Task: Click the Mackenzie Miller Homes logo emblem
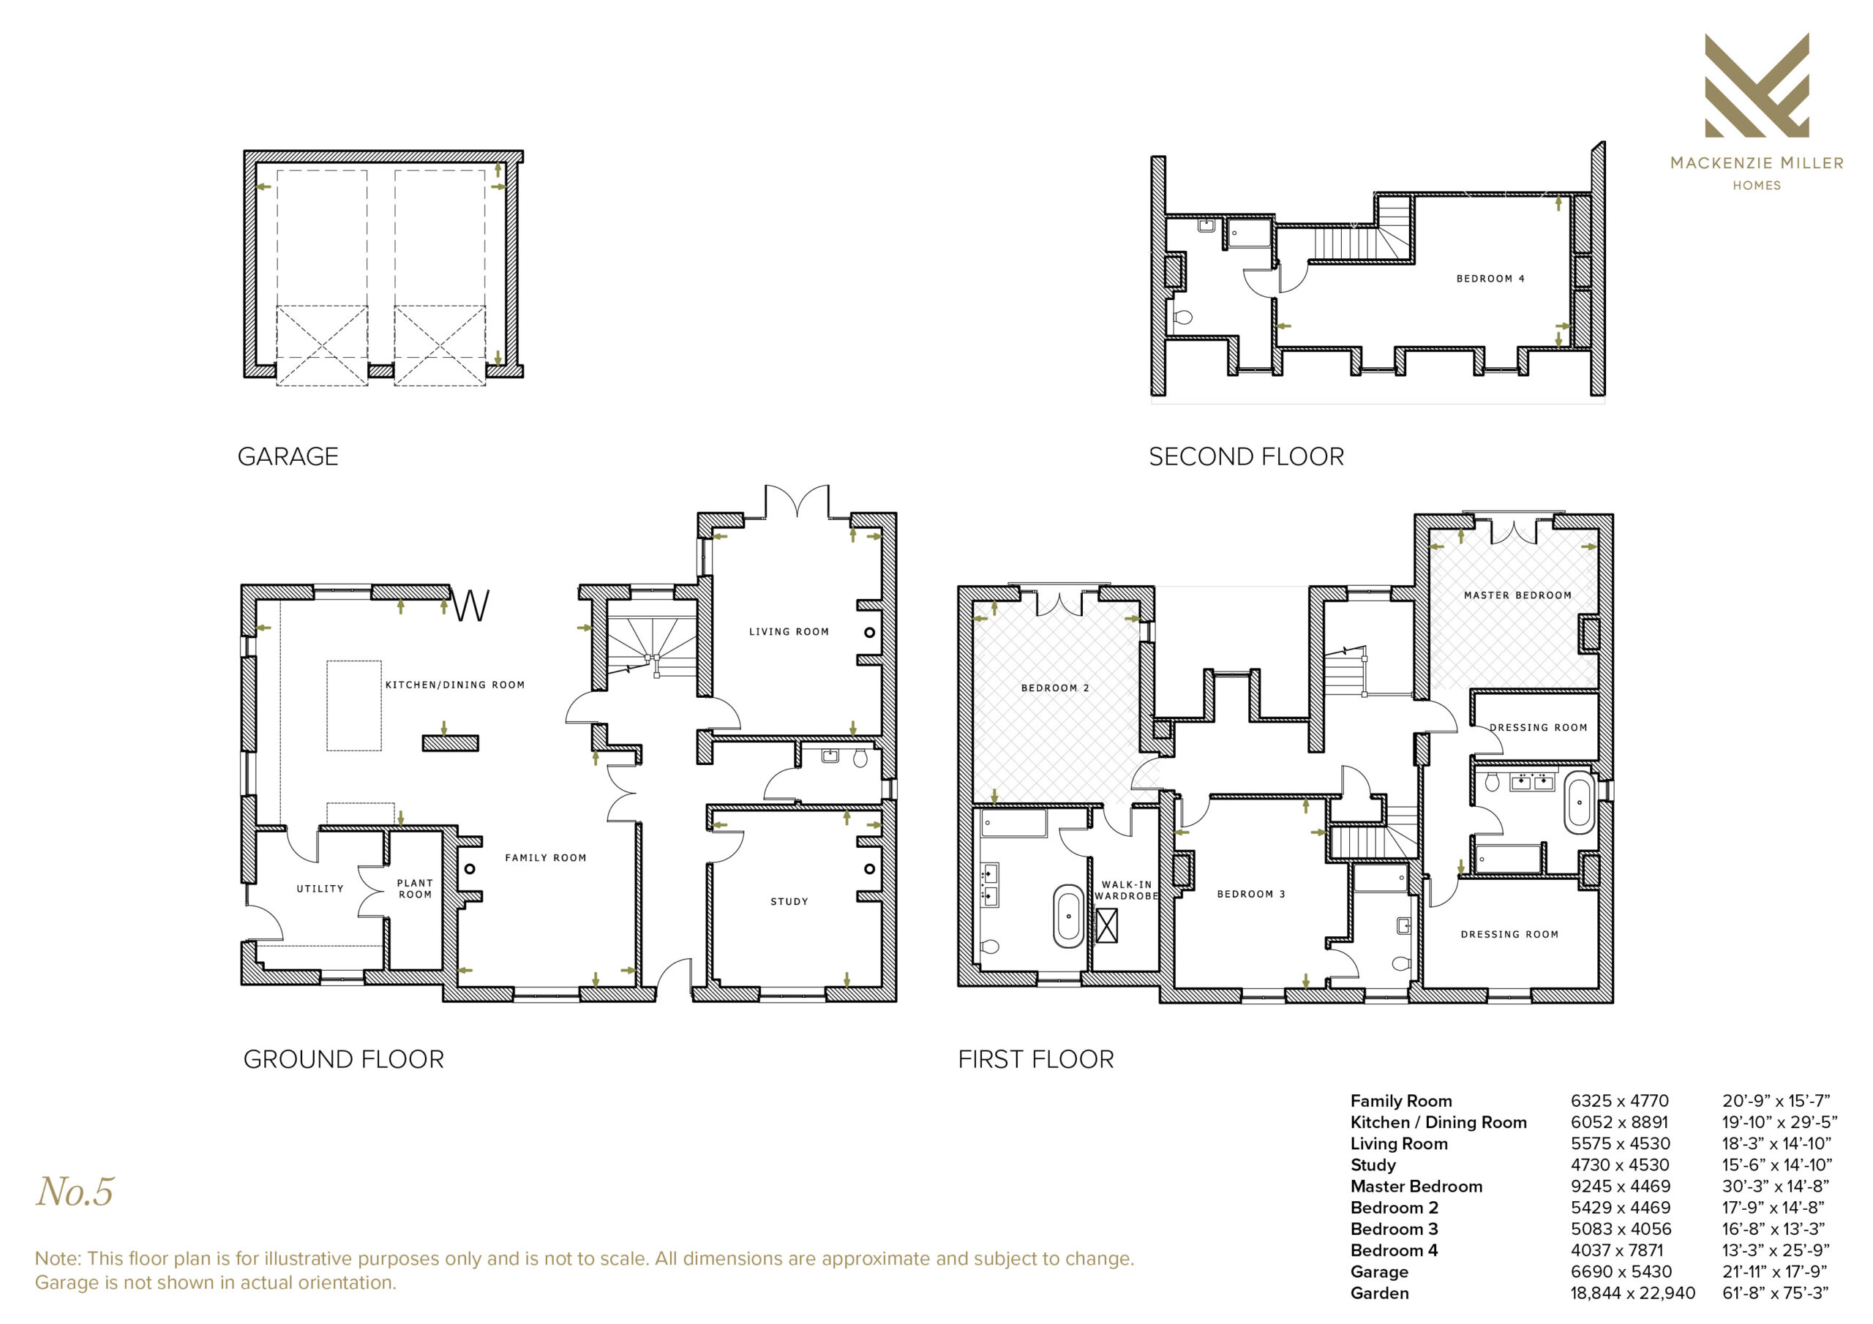[1757, 85]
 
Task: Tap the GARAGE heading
[288, 457]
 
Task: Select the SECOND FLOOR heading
[1247, 457]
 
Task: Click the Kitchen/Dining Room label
[454, 685]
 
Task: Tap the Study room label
[789, 902]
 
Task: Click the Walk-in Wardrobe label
[1127, 891]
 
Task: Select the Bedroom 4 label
[1490, 279]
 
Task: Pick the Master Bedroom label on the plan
[1517, 595]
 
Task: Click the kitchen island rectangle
[354, 706]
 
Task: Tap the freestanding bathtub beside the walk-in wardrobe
[1069, 916]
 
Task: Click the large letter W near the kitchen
[471, 606]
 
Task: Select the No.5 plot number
[75, 1192]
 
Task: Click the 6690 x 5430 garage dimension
[1621, 1272]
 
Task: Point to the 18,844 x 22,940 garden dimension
[1632, 1293]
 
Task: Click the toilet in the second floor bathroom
[1182, 317]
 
